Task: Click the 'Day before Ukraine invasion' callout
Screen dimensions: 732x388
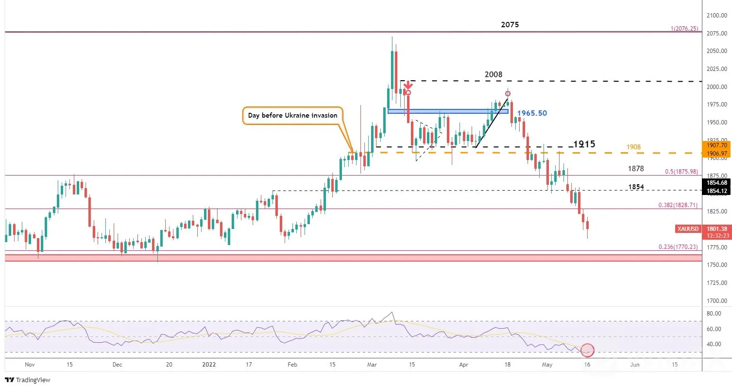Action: coord(292,116)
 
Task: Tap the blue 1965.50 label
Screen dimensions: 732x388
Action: coord(532,113)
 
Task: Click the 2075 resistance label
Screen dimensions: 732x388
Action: coord(510,24)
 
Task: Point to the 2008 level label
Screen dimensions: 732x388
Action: coord(494,74)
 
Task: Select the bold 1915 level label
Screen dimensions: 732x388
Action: coord(584,144)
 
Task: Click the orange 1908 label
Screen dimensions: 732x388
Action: coord(633,147)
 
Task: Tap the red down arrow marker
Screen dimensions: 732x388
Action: coord(408,85)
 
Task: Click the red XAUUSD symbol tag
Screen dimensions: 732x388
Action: coord(688,229)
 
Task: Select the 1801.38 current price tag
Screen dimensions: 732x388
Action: coord(716,229)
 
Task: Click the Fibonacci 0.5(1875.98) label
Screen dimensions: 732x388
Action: coord(681,172)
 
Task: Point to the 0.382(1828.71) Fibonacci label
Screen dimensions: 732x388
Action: coord(678,205)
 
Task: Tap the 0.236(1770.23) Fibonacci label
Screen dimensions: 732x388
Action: coord(678,247)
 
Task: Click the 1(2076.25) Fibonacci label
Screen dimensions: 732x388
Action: coord(684,29)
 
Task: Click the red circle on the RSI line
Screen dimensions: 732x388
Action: coord(587,350)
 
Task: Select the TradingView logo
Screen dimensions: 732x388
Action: coord(28,380)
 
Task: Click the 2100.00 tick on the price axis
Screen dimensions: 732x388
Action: coord(716,16)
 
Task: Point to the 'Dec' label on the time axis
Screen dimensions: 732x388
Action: coord(117,365)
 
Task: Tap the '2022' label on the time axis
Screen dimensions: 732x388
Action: coord(209,365)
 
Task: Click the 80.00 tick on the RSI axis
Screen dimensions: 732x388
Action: coord(714,314)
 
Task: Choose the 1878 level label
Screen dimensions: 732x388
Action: coord(636,169)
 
